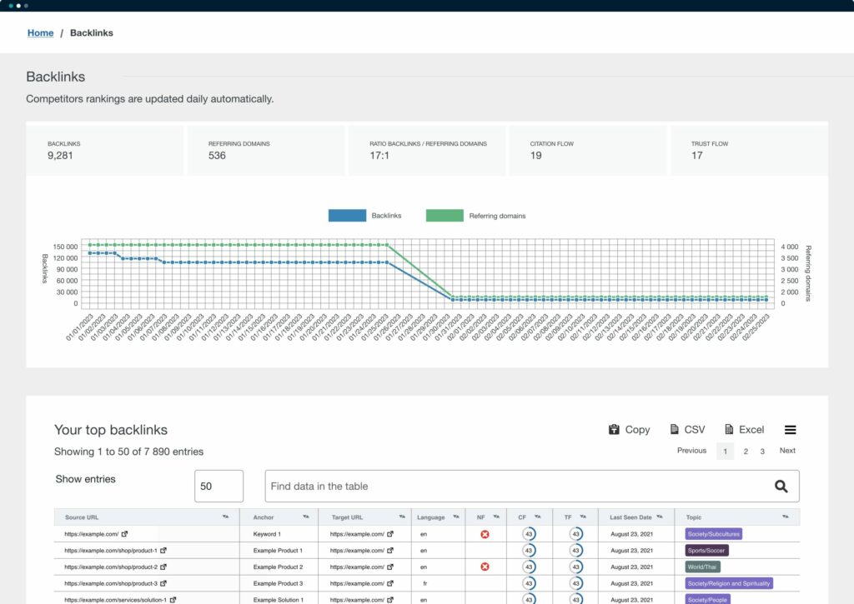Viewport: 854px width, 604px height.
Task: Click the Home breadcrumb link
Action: [x=40, y=33]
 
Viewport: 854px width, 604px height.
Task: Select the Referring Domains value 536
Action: [x=217, y=155]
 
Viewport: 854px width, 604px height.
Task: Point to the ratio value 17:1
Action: [x=380, y=155]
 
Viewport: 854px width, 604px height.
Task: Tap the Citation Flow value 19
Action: [x=536, y=155]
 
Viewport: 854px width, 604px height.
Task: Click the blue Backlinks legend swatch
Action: [x=347, y=216]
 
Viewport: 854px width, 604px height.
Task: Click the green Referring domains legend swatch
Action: [x=445, y=216]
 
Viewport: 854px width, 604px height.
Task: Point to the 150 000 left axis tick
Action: [x=64, y=247]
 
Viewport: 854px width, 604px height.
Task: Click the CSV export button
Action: [x=687, y=430]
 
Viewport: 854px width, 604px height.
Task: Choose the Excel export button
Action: [x=744, y=430]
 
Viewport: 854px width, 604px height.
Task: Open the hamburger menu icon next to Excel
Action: [x=791, y=430]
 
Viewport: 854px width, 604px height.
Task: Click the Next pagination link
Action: [x=787, y=451]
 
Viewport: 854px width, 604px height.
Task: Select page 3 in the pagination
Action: [x=762, y=451]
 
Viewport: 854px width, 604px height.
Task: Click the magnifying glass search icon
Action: [x=781, y=487]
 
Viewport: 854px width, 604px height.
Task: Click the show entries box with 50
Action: [x=219, y=486]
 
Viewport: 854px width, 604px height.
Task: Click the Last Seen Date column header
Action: [x=631, y=517]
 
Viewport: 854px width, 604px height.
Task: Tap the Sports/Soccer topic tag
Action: [x=706, y=551]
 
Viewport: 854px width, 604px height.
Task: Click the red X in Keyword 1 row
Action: [x=485, y=534]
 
